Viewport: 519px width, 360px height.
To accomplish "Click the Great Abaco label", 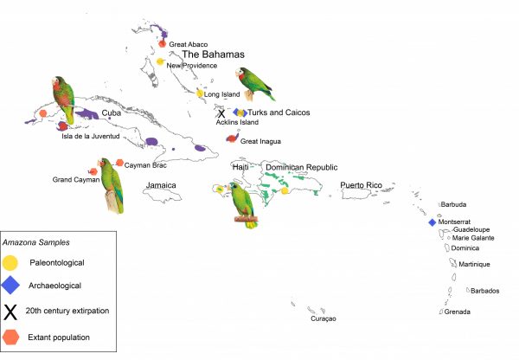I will coord(188,44).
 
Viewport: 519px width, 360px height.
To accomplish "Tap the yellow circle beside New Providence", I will coord(161,61).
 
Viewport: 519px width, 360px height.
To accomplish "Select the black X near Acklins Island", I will coord(221,112).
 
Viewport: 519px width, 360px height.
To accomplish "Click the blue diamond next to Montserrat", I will coord(432,222).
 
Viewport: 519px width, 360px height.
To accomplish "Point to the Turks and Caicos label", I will coord(279,112).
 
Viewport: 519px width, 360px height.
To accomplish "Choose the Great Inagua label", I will coord(261,141).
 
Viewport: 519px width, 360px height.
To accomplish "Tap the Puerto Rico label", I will coord(361,185).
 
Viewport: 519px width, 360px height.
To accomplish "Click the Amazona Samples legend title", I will coord(35,242).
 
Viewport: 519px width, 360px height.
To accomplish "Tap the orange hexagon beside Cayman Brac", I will coord(119,162).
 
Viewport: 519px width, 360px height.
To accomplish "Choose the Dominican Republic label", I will coord(301,167).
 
